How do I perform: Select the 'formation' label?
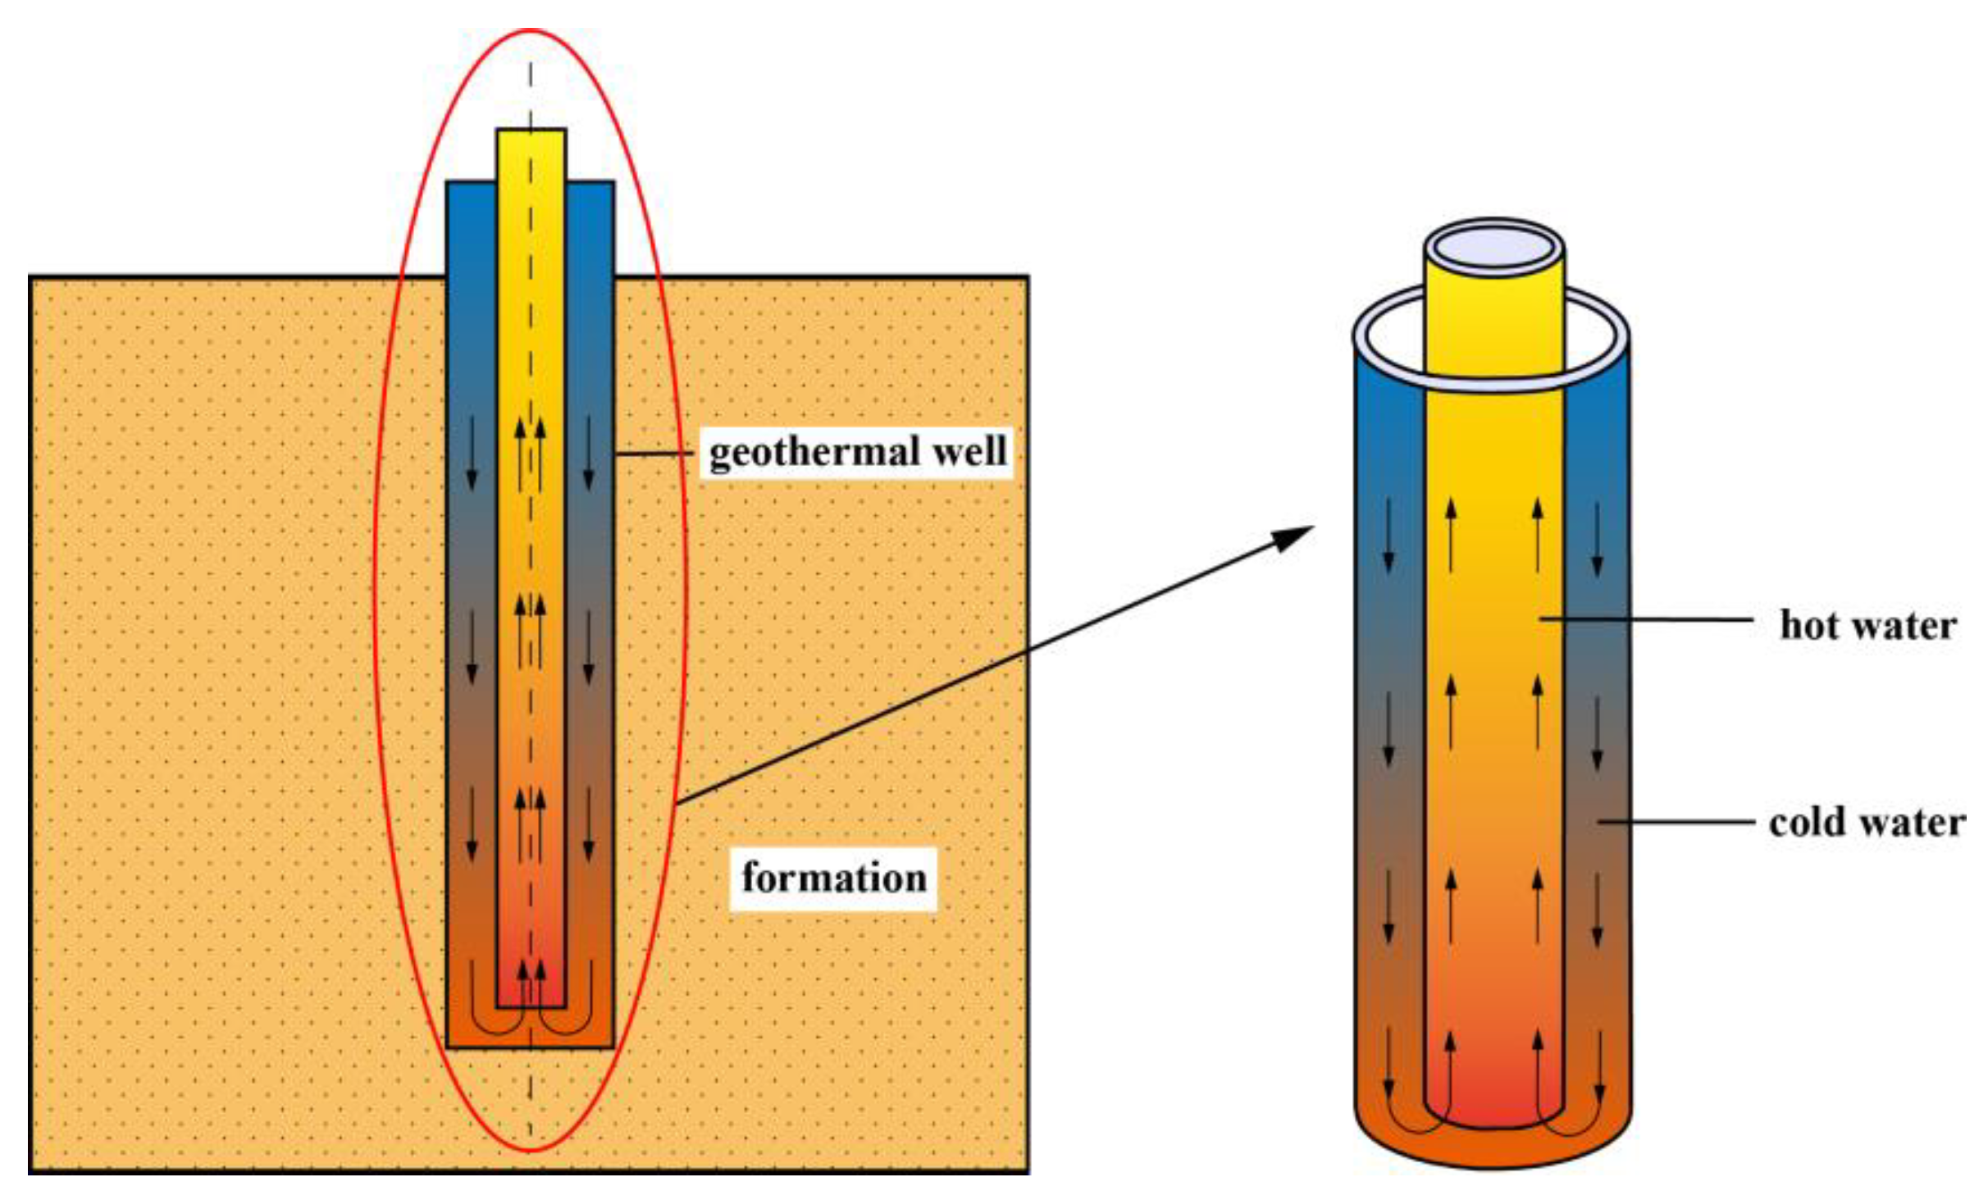coord(833,878)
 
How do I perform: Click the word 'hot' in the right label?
coord(1808,625)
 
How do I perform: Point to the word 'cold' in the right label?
coord(1805,822)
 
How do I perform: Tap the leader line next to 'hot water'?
coord(1648,619)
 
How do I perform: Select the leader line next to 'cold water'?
coord(1677,821)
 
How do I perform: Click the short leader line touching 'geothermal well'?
coord(652,453)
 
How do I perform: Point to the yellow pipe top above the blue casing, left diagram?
coord(531,156)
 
